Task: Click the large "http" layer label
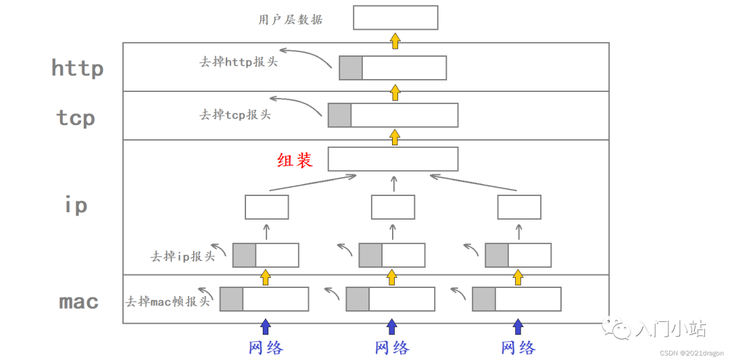pos(77,68)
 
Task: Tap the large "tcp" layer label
pos(76,118)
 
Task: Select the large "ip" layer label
pos(76,205)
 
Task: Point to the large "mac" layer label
pos(79,302)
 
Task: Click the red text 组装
pos(294,160)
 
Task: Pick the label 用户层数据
pos(291,20)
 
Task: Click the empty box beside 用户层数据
pos(395,18)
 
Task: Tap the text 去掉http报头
pos(239,62)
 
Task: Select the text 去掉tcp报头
pos(235,114)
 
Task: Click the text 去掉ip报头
pos(182,256)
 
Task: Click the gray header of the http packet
pos(350,68)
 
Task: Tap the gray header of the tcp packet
pos(339,115)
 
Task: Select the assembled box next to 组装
pos(393,159)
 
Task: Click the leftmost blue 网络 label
pos(266,347)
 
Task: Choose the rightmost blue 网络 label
pos(518,347)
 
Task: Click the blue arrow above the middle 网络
pos(392,327)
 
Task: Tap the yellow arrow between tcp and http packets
pos(395,93)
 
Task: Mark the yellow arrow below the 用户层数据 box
pos(395,41)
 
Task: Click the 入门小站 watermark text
pos(671,329)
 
